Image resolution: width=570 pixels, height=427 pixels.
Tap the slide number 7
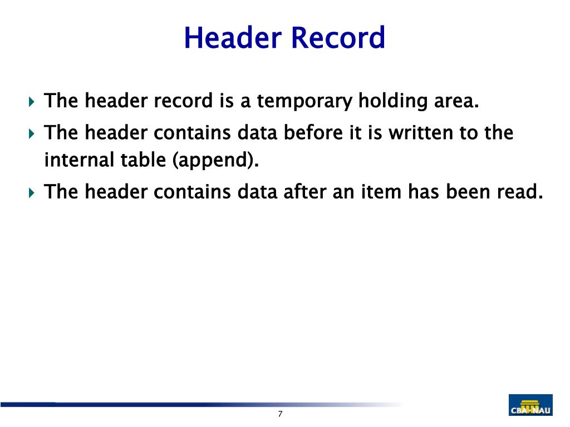tap(280, 414)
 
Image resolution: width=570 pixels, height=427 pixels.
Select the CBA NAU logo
tap(530, 405)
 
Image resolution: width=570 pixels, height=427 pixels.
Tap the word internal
tap(79, 161)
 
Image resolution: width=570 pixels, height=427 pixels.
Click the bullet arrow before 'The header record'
tap(31, 102)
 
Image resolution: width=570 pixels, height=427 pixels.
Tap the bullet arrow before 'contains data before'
tap(31, 134)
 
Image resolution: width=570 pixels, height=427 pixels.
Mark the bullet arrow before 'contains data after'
tap(31, 193)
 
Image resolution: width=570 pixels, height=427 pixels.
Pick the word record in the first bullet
tap(183, 102)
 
